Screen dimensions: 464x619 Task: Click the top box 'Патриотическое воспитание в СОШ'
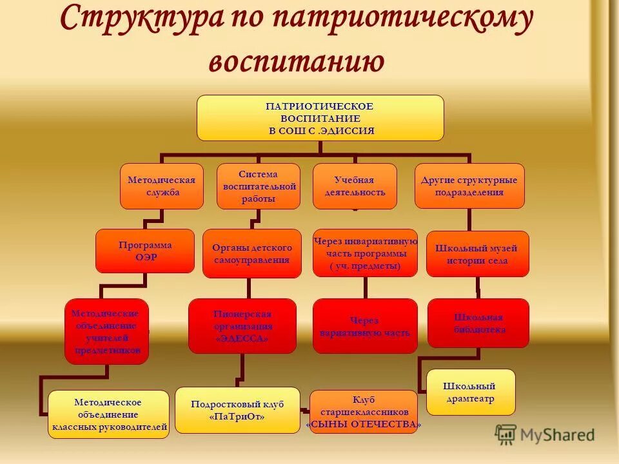[x=320, y=118]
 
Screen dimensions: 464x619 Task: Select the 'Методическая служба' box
[x=162, y=186]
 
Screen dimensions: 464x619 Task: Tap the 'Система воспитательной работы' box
[x=258, y=186]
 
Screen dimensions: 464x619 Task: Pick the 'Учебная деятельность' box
[x=355, y=186]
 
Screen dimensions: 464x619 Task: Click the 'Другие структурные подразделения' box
[x=469, y=186]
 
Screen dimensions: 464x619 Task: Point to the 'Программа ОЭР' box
[x=145, y=251]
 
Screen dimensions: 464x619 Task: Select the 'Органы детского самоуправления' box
[x=252, y=253]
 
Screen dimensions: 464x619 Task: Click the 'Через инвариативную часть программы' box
[x=365, y=253]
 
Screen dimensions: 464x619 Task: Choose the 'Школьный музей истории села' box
[x=477, y=254]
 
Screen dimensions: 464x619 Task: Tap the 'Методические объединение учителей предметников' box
[x=107, y=331]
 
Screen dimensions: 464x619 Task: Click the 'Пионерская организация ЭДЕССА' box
[x=242, y=325]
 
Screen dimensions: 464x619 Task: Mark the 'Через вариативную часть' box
[x=365, y=326]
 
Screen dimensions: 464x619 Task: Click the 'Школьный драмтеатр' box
[x=471, y=392]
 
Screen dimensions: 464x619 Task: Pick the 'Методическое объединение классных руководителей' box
[x=108, y=414]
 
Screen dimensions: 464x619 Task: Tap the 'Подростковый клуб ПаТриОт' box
[x=237, y=410]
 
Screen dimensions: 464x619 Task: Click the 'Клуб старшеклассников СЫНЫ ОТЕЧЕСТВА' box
[x=364, y=411]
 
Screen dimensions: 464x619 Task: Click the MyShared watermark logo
[x=545, y=434]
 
